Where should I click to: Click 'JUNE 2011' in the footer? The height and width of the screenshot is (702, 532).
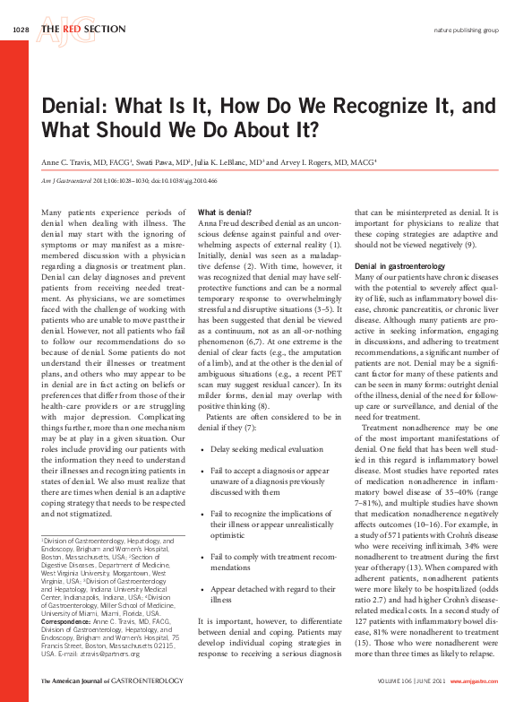point(437,683)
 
